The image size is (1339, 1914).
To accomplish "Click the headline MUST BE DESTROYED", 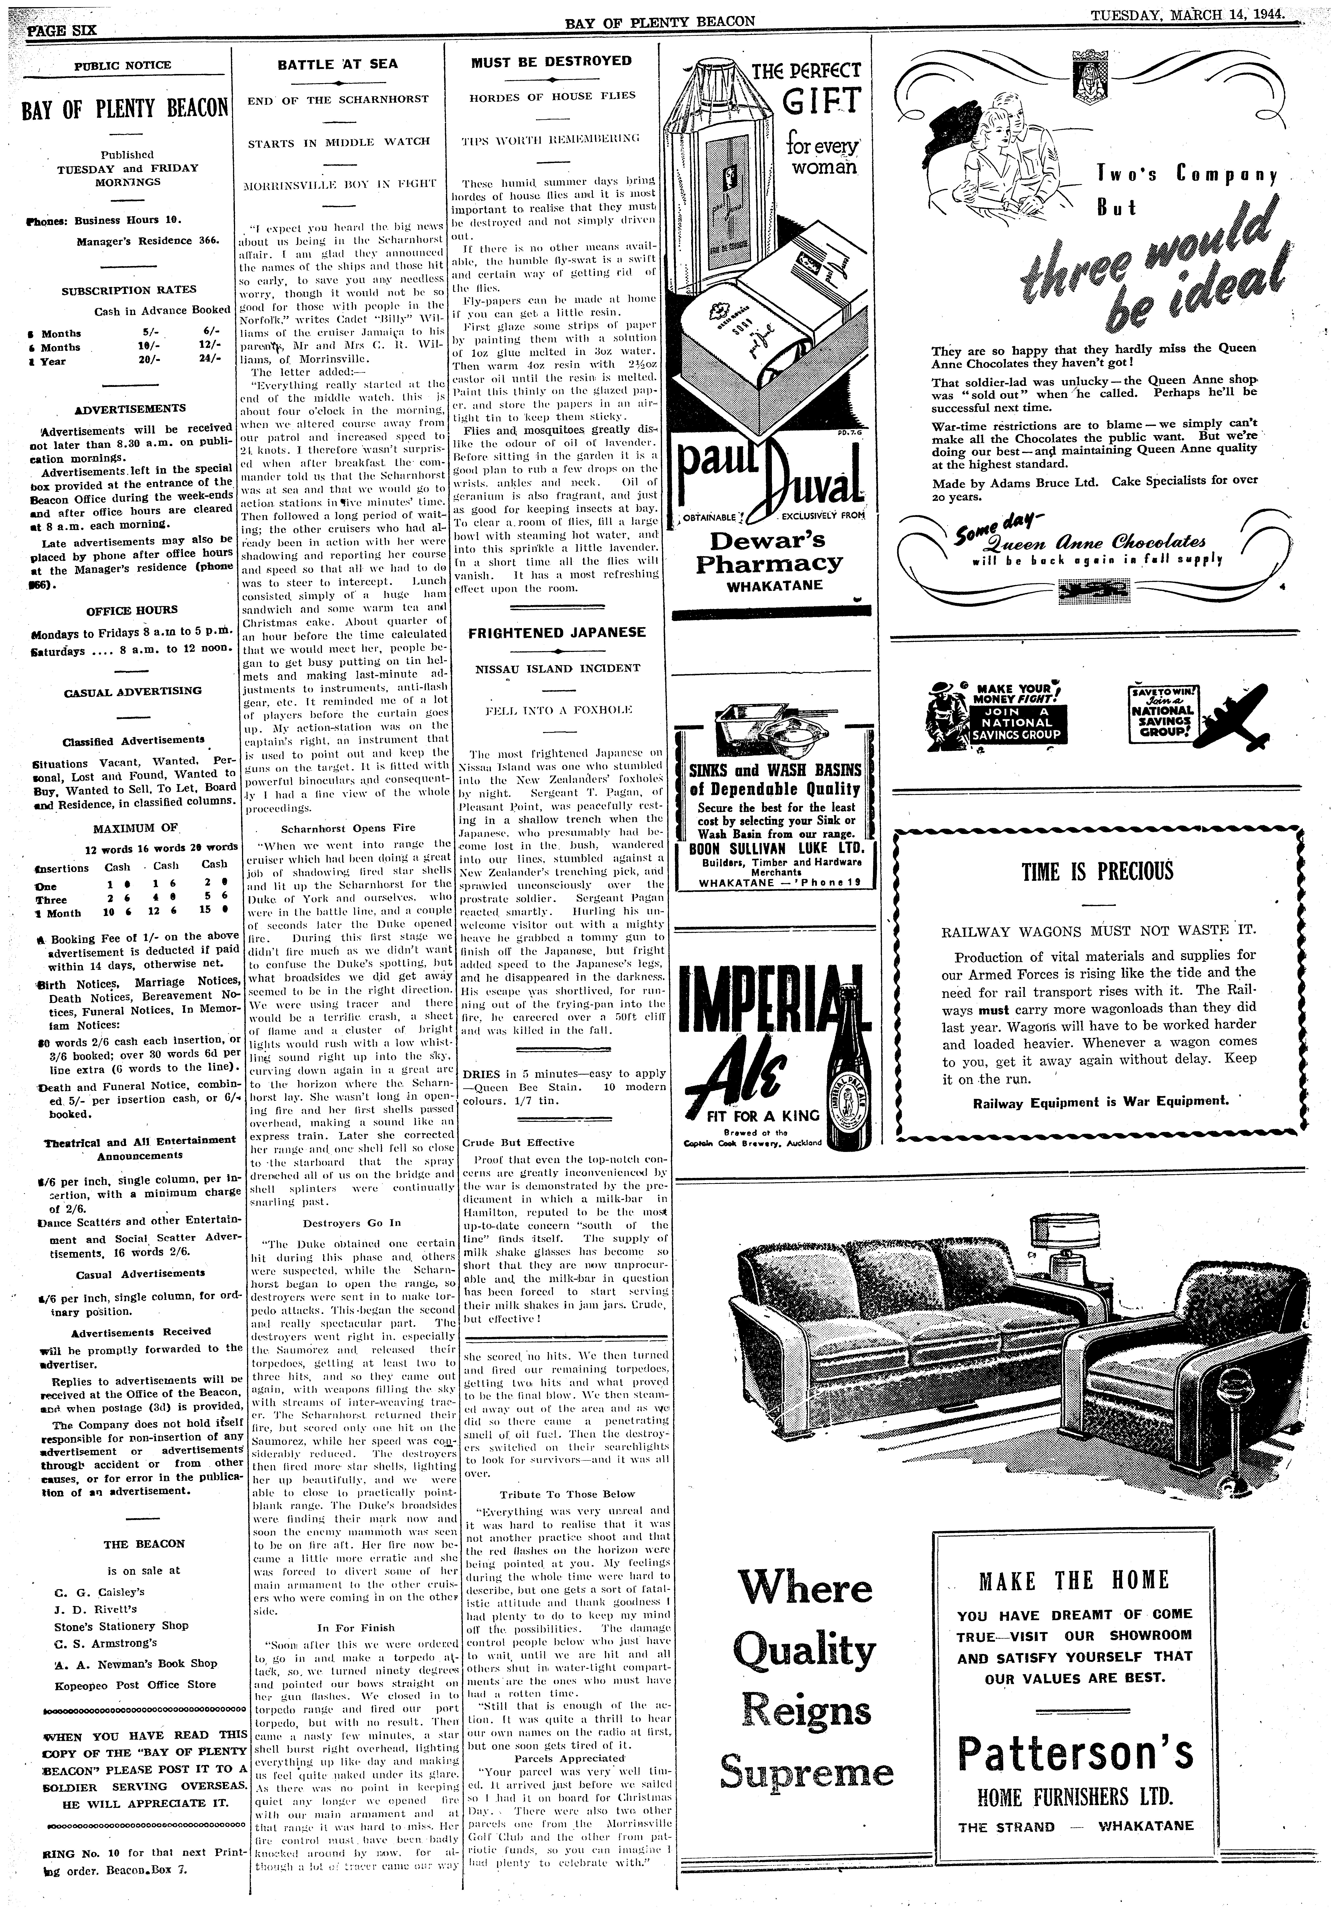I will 551,61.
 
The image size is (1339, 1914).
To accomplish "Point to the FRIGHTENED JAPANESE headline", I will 557,632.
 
